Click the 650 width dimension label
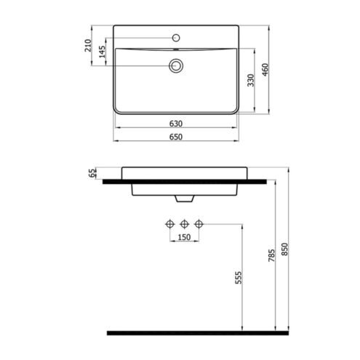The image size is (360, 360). coord(176,137)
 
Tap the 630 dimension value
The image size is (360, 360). coord(176,124)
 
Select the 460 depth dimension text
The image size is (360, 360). coord(265,70)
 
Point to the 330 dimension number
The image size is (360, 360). coord(251,80)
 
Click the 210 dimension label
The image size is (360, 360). coord(88,45)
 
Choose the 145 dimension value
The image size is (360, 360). coord(102,52)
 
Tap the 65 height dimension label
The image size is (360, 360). coord(92,173)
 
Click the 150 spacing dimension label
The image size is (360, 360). coord(184,237)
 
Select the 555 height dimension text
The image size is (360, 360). coord(239,278)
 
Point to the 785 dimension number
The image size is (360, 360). coord(272,255)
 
